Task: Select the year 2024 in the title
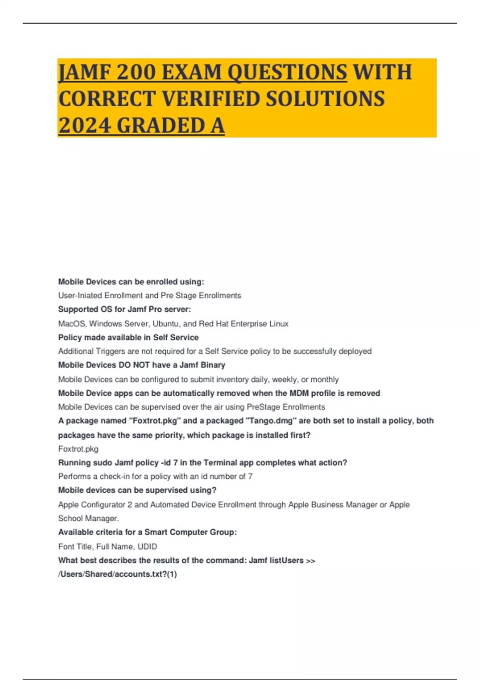click(x=84, y=125)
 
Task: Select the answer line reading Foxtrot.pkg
click(x=78, y=449)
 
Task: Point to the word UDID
click(x=147, y=546)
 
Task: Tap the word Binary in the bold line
click(x=213, y=365)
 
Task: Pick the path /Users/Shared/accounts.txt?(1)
click(x=118, y=574)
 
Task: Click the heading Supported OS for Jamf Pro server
click(x=124, y=309)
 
